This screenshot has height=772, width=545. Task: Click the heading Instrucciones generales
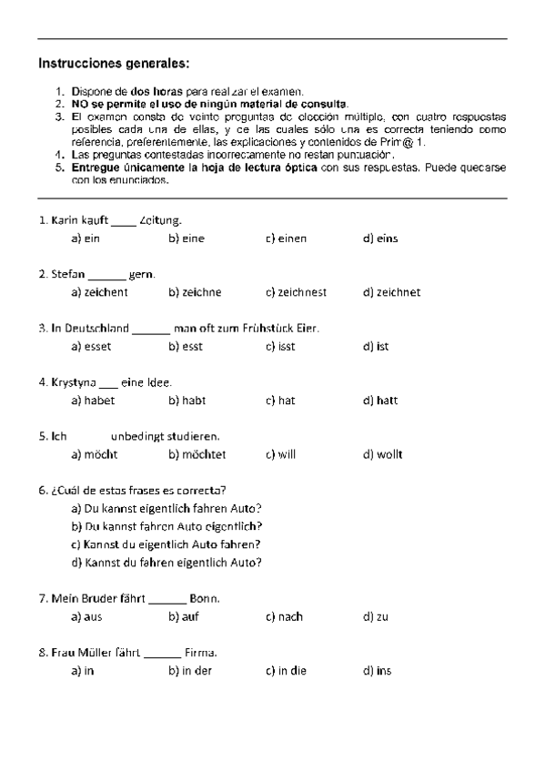114,64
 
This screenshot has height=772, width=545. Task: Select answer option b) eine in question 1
187,239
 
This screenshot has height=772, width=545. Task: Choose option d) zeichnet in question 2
391,292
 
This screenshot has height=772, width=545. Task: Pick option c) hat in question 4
280,401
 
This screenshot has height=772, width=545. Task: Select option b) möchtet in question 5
197,454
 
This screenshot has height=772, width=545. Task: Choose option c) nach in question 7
284,616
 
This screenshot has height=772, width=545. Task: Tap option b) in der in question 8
190,671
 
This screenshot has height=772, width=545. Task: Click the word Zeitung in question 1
161,220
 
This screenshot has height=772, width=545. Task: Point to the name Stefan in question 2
67,274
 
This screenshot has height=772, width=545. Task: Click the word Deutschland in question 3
96,328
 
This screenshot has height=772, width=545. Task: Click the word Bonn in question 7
204,598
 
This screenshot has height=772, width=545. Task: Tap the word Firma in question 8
200,653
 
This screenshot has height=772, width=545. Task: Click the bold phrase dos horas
156,92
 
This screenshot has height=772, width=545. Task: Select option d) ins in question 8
377,671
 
